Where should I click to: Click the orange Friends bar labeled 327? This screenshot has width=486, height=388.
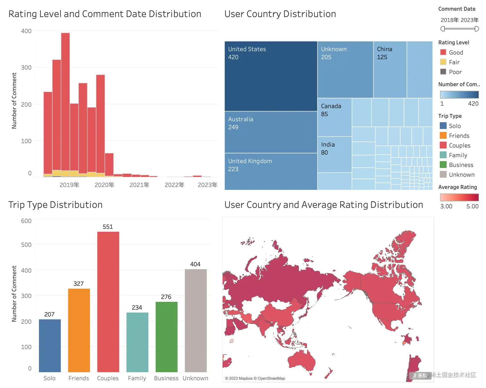pyautogui.click(x=79, y=330)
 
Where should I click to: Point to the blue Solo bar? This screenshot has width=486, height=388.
pyautogui.click(x=50, y=346)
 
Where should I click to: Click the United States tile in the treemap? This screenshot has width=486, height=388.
pyautogui.click(x=271, y=76)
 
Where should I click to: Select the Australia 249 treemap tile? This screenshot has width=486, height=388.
pyautogui.click(x=271, y=132)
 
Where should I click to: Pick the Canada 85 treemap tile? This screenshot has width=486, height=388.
pyautogui.click(x=334, y=117)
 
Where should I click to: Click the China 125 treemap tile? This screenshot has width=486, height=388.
pyautogui.click(x=390, y=69)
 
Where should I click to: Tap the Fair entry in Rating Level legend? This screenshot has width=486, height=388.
pyautogui.click(x=454, y=62)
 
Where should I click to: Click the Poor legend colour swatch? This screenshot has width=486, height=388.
pyautogui.click(x=443, y=72)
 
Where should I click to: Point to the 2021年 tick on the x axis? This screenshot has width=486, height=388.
pyautogui.click(x=139, y=185)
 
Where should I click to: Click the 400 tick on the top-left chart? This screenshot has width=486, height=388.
pyautogui.click(x=26, y=31)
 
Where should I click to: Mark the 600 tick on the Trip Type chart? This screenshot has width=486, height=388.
pyautogui.click(x=26, y=221)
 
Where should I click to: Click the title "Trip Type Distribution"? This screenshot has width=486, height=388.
pyautogui.click(x=55, y=205)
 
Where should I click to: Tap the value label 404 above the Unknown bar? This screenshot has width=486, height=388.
pyautogui.click(x=195, y=264)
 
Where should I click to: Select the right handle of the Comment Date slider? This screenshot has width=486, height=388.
pyautogui.click(x=477, y=29)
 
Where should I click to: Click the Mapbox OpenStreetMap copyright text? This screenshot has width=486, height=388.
pyautogui.click(x=255, y=378)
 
